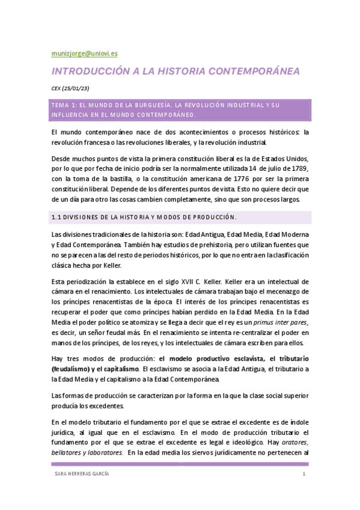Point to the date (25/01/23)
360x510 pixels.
click(78, 88)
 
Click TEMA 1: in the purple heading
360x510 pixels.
click(66, 105)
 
